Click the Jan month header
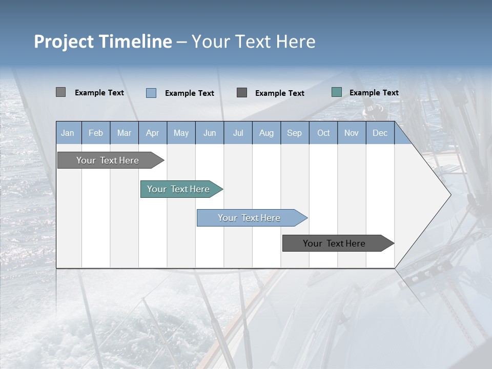pos(68,133)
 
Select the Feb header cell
pos(96,133)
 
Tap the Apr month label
pos(153,133)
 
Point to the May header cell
pos(181,133)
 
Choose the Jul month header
pos(238,133)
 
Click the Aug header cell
pos(266,133)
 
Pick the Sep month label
pos(295,133)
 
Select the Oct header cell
pos(323,133)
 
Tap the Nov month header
pos(352,133)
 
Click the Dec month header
pos(380,133)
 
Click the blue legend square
pos(151,93)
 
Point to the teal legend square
pos(337,92)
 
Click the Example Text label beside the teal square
pos(374,93)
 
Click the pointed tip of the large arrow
pos(449,195)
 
